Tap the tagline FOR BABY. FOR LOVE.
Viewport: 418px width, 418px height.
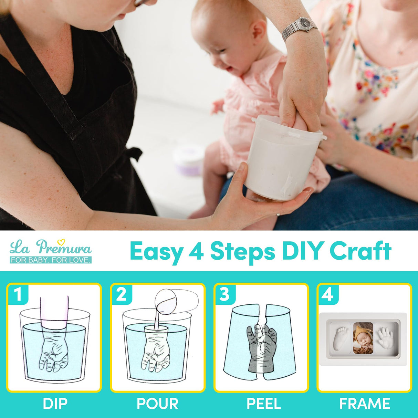tap(51, 260)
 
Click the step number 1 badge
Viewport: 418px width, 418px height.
tap(18, 295)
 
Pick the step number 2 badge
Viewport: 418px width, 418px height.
tap(121, 295)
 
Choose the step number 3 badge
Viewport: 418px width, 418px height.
tap(224, 295)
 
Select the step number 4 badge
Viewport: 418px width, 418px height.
tap(327, 295)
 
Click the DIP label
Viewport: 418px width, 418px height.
tap(55, 404)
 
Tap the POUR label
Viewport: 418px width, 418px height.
tap(158, 404)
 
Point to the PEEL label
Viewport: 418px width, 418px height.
tap(264, 404)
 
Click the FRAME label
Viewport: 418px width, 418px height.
tap(365, 404)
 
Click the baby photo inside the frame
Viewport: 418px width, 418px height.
tap(363, 338)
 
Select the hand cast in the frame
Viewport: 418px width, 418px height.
tap(386, 337)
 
